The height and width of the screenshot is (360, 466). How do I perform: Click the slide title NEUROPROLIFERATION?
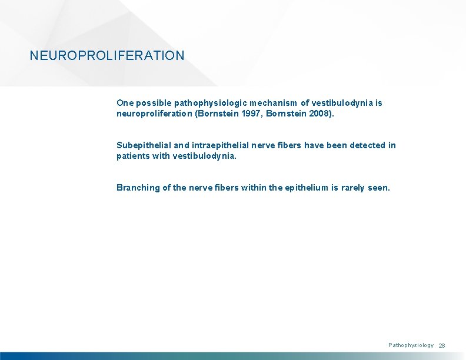pyautogui.click(x=107, y=56)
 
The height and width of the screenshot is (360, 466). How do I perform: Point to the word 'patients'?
pyautogui.click(x=134, y=156)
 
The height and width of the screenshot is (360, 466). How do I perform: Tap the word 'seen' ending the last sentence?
pyautogui.click(x=380, y=188)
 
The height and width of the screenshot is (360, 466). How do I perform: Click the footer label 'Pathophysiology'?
pyautogui.click(x=411, y=345)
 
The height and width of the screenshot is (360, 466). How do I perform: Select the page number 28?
pyautogui.click(x=442, y=346)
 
